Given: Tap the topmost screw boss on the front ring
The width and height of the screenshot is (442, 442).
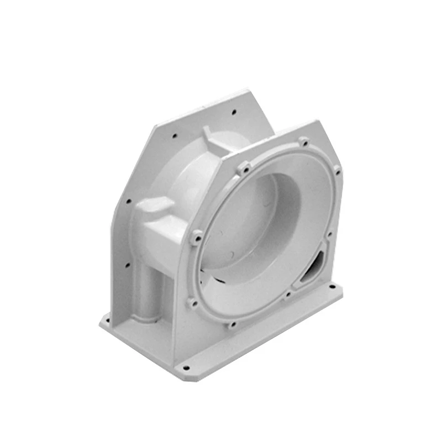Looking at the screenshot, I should pos(303,142).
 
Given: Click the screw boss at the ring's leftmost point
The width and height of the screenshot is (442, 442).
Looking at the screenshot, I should pos(197,238).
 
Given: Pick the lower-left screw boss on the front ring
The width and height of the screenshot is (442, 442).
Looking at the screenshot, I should pos(192,302).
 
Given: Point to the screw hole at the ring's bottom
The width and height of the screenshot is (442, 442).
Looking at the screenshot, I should pos(232,325).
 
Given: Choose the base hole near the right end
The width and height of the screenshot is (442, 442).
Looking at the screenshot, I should pos(334,287).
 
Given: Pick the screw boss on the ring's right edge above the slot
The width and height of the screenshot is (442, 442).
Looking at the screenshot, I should pos(330,235).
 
